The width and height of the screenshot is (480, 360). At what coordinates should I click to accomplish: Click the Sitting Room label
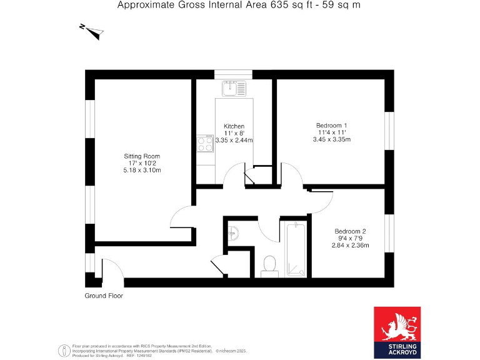pyautogui.click(x=142, y=156)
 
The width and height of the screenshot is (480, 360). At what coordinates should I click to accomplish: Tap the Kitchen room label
pyautogui.click(x=225, y=126)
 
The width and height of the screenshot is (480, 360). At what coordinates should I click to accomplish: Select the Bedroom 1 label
pyautogui.click(x=332, y=125)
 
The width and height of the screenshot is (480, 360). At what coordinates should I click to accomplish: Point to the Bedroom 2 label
pyautogui.click(x=350, y=231)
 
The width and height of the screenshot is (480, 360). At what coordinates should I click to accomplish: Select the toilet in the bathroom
pyautogui.click(x=270, y=265)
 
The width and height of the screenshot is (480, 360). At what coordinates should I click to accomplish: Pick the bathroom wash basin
pyautogui.click(x=232, y=233)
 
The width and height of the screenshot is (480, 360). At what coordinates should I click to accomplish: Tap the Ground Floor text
pyautogui.click(x=104, y=296)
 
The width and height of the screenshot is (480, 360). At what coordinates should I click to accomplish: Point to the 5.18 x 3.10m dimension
pyautogui.click(x=142, y=171)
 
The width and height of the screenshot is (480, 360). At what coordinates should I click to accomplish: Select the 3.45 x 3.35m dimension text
pyautogui.click(x=332, y=139)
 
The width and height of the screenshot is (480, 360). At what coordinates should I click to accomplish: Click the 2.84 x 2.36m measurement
pyautogui.click(x=350, y=245)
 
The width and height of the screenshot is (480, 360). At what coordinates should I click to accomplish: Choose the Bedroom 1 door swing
pyautogui.click(x=292, y=174)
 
